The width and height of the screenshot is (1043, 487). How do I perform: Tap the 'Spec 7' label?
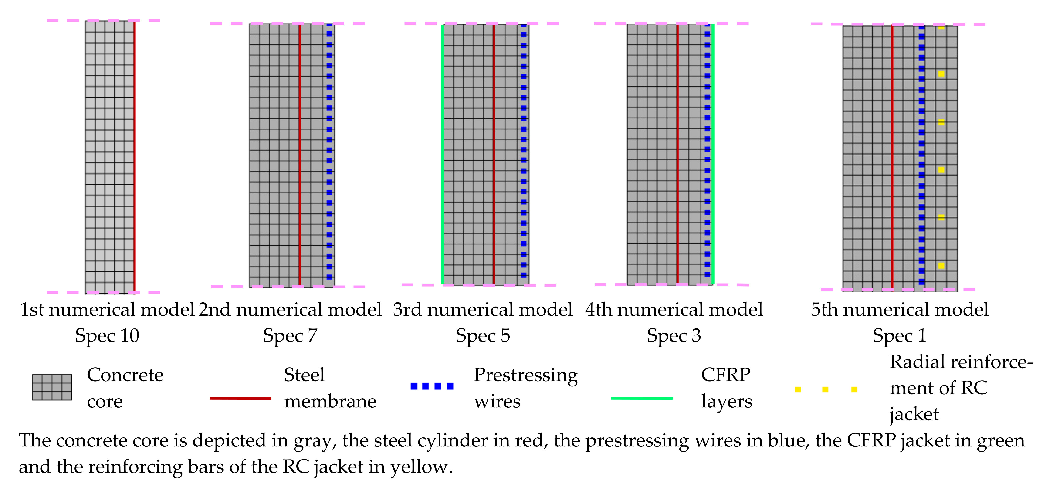pos(290,336)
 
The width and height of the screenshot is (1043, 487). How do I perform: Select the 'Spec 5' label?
pos(483,336)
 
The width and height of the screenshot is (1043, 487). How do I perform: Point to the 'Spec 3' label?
pos(674,336)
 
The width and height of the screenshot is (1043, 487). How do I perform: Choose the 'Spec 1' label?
pos(899,336)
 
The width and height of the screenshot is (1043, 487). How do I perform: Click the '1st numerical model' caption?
pos(107,310)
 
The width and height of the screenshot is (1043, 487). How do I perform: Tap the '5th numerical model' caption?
pos(899,310)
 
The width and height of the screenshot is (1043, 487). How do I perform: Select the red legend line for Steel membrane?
pos(240,398)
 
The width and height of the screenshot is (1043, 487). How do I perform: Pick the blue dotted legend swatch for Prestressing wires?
pos(432,386)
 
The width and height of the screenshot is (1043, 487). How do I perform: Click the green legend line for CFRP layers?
pos(641,398)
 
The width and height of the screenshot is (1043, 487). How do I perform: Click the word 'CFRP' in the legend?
pos(726,375)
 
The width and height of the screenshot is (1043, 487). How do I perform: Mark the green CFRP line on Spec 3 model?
pos(713,154)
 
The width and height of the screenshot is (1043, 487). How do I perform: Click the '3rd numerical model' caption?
pos(483,310)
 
